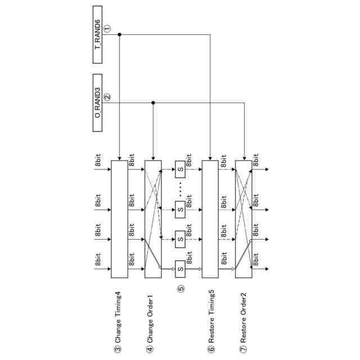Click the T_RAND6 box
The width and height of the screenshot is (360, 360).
(102, 34)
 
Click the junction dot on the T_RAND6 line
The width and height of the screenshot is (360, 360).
(119, 34)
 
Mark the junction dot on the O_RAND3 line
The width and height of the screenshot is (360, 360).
(154, 102)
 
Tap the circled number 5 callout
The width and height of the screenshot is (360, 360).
(181, 289)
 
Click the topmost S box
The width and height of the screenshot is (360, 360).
(181, 169)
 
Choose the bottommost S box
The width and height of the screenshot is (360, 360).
(181, 269)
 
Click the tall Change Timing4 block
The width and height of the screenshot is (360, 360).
(119, 219)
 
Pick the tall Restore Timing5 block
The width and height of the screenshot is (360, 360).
(210, 219)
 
